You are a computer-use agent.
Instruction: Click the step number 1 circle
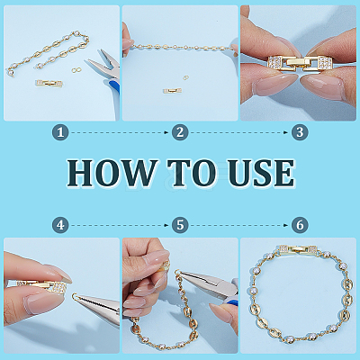60,132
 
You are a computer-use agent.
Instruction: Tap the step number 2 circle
180,132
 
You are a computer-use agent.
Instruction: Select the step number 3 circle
300,132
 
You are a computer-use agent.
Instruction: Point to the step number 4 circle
60,225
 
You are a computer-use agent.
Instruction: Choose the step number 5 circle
180,225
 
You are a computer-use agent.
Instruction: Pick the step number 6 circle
300,225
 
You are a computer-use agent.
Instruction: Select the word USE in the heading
261,173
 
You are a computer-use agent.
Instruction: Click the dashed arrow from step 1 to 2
120,132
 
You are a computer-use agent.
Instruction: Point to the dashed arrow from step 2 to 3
239,132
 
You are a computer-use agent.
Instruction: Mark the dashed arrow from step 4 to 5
120,225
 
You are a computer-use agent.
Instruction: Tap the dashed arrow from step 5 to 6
239,225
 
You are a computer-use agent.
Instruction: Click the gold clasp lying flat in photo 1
49,84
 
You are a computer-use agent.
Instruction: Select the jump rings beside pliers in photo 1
77,70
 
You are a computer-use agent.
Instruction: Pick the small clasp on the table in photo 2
172,90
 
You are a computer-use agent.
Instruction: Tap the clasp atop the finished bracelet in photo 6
298,250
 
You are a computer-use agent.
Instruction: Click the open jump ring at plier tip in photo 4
75,296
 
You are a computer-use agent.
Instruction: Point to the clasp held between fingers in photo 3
300,63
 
